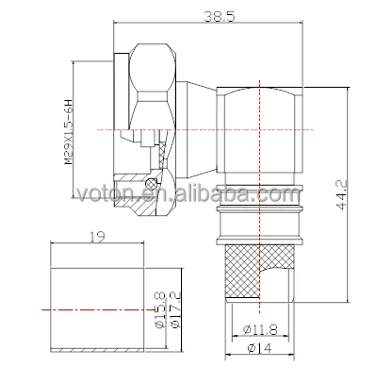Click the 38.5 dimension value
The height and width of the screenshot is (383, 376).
click(220, 16)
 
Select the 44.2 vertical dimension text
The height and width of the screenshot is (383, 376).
click(340, 194)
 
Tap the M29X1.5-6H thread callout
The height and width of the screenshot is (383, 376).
click(68, 132)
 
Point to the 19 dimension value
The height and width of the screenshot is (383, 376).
click(97, 237)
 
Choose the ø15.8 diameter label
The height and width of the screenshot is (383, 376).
click(159, 309)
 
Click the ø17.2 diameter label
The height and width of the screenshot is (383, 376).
click(176, 309)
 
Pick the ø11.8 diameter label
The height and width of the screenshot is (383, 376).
click(260, 329)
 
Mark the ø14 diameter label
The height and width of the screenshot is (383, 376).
click(260, 348)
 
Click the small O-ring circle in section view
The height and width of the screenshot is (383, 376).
click(151, 183)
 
